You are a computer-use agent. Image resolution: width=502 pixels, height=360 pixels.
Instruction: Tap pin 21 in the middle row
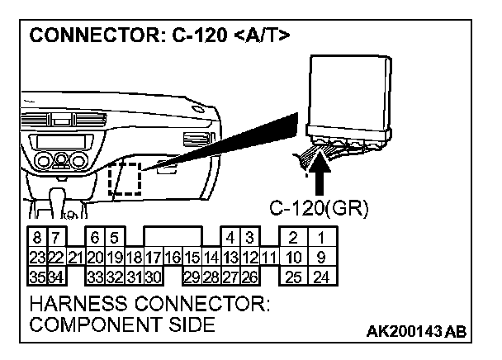pos(75,256)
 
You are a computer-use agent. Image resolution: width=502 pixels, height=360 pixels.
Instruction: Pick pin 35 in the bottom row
pos(36,274)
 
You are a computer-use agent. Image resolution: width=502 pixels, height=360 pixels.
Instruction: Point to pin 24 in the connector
pos(321,274)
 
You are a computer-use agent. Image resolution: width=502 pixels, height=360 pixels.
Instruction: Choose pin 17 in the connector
pos(154,256)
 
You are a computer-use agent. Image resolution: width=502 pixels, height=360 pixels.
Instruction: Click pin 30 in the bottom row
pos(153,274)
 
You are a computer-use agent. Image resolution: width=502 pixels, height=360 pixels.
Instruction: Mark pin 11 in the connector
pos(268,256)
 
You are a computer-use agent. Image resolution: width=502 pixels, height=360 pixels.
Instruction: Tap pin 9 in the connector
pos(321,256)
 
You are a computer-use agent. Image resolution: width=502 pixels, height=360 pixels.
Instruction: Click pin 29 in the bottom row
pos(192,274)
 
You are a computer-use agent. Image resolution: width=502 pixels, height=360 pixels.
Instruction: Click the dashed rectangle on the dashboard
pos(125,178)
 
